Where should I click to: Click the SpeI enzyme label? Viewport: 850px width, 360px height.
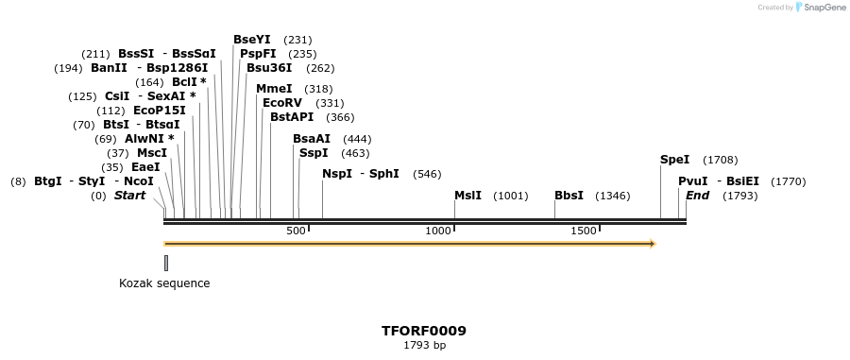(674, 160)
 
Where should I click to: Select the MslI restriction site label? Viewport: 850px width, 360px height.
(467, 196)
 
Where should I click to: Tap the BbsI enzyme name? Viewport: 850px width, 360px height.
(569, 196)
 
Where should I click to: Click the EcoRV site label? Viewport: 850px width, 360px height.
(282, 102)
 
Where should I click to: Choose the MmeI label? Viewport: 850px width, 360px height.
(274, 88)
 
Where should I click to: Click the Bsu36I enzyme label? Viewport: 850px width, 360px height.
(269, 68)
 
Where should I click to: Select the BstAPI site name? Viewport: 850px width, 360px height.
(292, 117)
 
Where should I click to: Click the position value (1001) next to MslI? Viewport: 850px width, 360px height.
(511, 196)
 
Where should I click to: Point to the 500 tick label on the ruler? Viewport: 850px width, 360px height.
(296, 231)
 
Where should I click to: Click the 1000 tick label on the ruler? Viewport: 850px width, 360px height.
(439, 231)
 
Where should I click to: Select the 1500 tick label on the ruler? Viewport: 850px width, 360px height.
(584, 231)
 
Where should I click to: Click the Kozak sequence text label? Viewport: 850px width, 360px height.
(164, 283)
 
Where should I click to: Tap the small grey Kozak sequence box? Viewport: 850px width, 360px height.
(166, 263)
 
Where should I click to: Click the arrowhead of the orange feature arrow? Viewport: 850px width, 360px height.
(651, 244)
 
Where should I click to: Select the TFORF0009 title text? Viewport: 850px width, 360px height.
(424, 331)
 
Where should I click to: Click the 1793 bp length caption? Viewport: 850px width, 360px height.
(424, 345)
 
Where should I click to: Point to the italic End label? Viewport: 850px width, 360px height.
(697, 196)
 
